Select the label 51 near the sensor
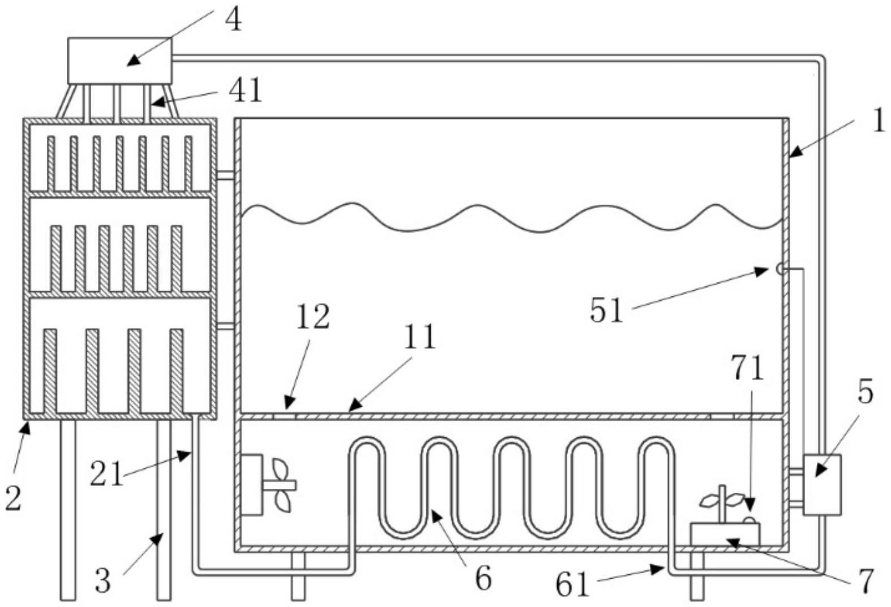click(607, 310)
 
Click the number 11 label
click(419, 337)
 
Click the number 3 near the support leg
click(103, 581)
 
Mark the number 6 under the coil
click(483, 578)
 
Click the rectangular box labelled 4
click(119, 61)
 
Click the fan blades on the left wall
click(281, 484)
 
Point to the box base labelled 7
click(725, 533)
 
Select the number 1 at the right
click(878, 121)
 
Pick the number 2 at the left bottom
click(13, 498)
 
